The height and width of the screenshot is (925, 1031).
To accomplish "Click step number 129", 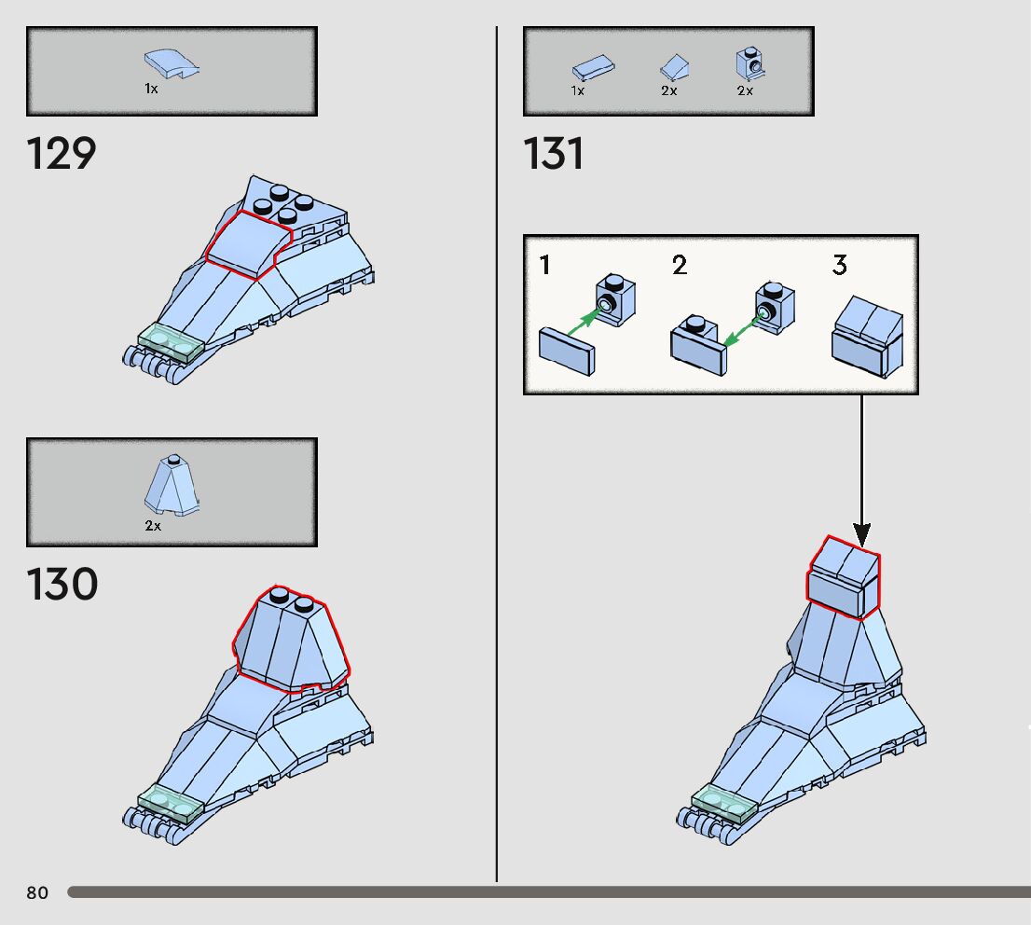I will pos(62,153).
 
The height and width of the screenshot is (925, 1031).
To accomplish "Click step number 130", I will pos(62,585).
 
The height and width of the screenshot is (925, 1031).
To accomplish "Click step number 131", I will pos(554,153).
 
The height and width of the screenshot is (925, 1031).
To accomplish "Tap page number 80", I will pos(37,892).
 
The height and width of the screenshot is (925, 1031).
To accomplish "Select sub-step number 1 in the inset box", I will pos(545,266).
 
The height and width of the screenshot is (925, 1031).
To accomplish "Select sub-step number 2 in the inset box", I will pos(680,266).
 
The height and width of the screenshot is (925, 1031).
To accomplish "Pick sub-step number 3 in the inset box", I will pos(840,266).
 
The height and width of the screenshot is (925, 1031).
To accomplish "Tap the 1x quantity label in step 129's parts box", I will pos(151,89).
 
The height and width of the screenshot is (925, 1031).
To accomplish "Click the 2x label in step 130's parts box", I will pos(152,525).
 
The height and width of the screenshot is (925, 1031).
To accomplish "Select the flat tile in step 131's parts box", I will pos(592,68).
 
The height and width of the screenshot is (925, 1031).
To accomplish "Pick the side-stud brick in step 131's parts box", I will pos(748,63).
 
